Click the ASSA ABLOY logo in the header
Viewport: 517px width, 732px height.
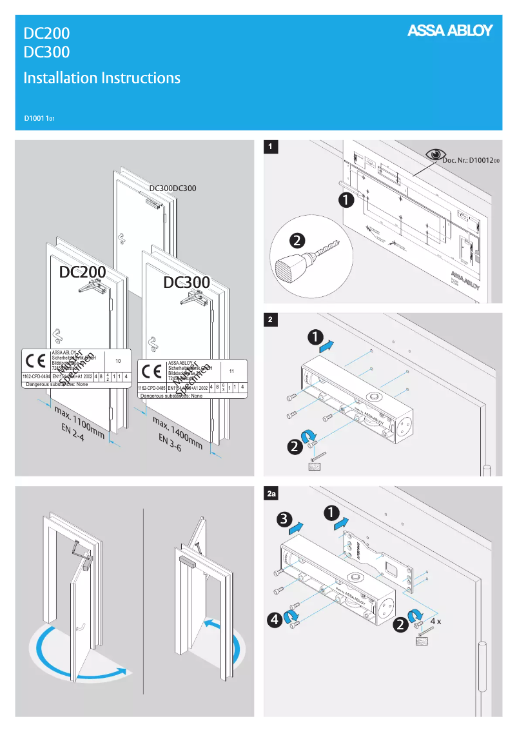[449, 31]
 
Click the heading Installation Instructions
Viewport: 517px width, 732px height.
[102, 78]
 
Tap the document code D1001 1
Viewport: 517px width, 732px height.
[39, 119]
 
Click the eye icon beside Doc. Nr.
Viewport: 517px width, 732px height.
[436, 154]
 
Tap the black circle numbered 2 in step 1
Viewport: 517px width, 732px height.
[298, 241]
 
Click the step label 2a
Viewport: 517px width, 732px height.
[272, 494]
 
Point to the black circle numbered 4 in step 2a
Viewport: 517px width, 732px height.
[276, 620]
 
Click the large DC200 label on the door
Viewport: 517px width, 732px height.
[83, 272]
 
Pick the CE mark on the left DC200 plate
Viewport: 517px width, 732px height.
[35, 360]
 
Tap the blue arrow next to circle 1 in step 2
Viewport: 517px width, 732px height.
[327, 347]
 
